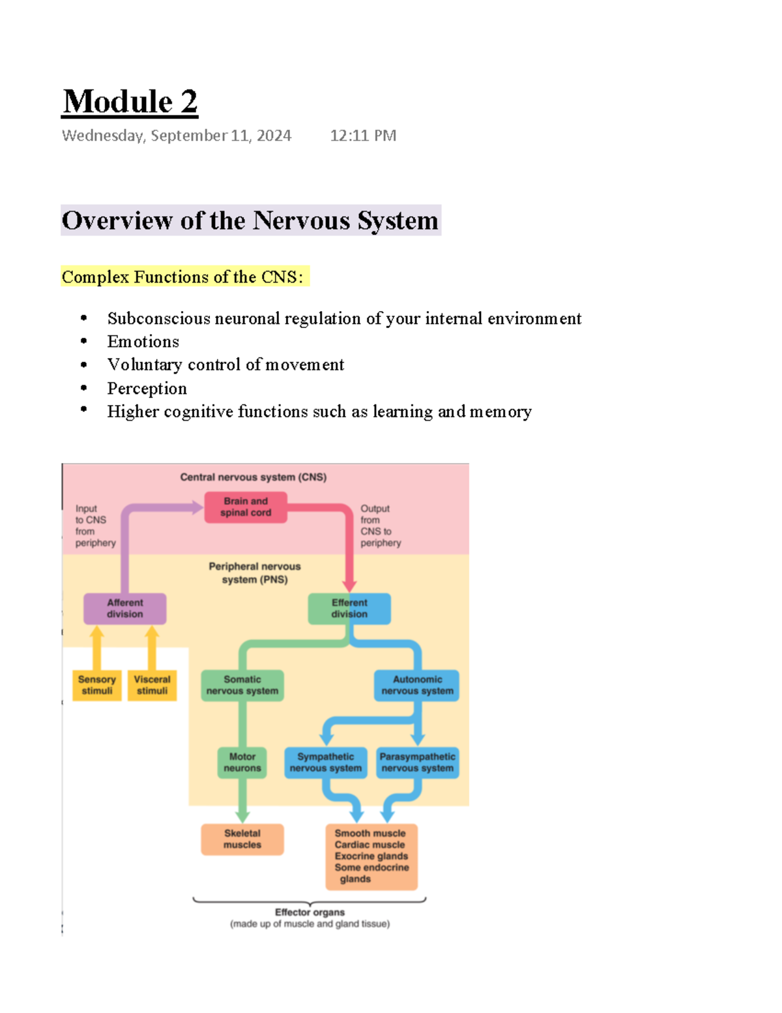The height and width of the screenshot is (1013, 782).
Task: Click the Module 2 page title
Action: click(130, 102)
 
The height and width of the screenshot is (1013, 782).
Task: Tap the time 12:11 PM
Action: click(363, 136)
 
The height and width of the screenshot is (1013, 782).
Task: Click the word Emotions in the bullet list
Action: click(143, 342)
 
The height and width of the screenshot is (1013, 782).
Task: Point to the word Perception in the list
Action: click(147, 389)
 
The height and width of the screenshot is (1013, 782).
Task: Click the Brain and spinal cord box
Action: click(246, 507)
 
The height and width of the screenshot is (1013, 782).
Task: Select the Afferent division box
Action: click(124, 609)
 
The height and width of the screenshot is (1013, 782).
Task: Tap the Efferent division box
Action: click(349, 609)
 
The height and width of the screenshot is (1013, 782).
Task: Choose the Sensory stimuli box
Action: click(97, 685)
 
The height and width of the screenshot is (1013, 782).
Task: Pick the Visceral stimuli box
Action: click(152, 685)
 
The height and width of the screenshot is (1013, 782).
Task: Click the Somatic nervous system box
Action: click(242, 685)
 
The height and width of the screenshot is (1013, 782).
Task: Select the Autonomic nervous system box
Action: click(417, 685)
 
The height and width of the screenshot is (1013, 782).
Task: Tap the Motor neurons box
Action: click(242, 763)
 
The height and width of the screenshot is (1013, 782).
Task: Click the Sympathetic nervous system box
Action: click(326, 763)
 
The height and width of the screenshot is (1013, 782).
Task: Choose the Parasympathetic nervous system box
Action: click(417, 763)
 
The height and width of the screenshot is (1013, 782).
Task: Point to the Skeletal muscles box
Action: click(242, 839)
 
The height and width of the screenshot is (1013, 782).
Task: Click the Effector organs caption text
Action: click(310, 913)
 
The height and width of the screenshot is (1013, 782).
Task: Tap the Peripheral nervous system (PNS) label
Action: click(255, 573)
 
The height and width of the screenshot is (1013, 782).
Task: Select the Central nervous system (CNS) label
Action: click(253, 477)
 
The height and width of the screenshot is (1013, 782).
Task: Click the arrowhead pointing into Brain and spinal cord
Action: click(197, 507)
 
